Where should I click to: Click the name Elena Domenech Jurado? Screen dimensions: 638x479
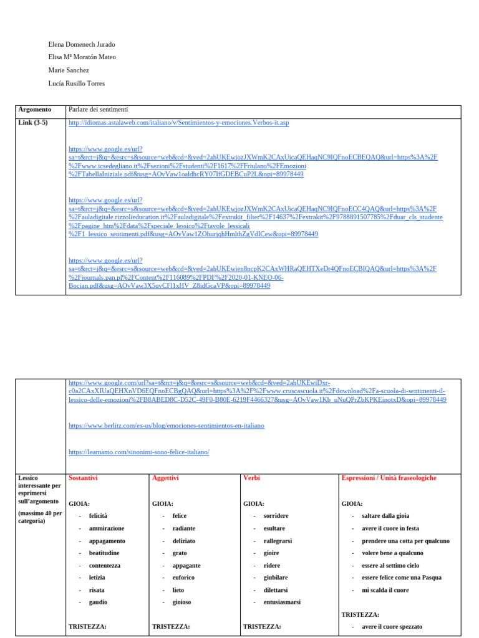pyautogui.click(x=81, y=45)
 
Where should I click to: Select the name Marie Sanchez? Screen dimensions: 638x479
pyautogui.click(x=68, y=70)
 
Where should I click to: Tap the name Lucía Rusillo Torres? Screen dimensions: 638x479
pyautogui.click(x=76, y=83)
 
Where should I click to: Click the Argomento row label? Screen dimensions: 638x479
pyautogui.click(x=35, y=110)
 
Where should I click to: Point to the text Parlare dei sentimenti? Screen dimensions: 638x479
pyautogui.click(x=98, y=110)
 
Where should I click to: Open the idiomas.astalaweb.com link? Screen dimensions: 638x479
pyautogui.click(x=178, y=123)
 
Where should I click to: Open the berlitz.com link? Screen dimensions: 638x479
pyautogui.click(x=166, y=426)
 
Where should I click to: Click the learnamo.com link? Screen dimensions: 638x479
pyautogui.click(x=138, y=452)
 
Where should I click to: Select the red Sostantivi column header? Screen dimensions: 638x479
pyautogui.click(x=83, y=478)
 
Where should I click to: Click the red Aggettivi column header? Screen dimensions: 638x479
pyautogui.click(x=165, y=478)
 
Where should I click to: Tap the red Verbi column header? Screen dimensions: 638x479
pyautogui.click(x=251, y=478)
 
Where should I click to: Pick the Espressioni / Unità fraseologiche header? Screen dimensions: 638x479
pyautogui.click(x=389, y=478)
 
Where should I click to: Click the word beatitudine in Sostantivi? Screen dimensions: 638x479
pyautogui.click(x=104, y=553)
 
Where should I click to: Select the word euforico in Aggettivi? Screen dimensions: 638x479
pyautogui.click(x=183, y=578)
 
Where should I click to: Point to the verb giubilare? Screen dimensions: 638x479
pyautogui.click(x=276, y=578)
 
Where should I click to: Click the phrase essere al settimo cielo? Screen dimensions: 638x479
pyautogui.click(x=390, y=566)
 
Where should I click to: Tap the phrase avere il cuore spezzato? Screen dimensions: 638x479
pyautogui.click(x=392, y=627)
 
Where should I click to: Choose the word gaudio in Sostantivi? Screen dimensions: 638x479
pyautogui.click(x=98, y=602)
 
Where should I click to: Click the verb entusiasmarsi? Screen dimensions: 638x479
pyautogui.click(x=282, y=602)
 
